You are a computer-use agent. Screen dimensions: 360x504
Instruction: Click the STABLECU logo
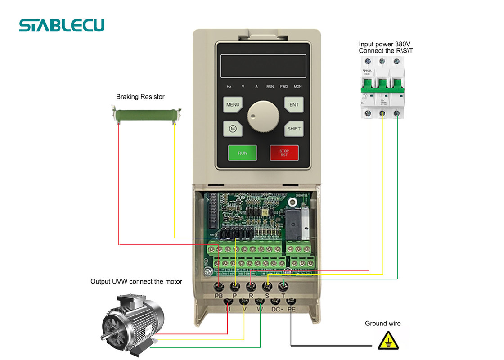(x=62, y=25)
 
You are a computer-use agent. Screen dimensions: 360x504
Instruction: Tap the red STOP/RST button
(x=284, y=153)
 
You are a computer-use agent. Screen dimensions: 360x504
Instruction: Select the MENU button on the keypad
(x=233, y=105)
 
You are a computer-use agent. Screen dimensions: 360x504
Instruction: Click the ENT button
(x=294, y=105)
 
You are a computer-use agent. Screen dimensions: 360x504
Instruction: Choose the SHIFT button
(x=294, y=129)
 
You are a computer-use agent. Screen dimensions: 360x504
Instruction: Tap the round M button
(x=233, y=129)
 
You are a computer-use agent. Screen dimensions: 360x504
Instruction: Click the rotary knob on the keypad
(x=263, y=116)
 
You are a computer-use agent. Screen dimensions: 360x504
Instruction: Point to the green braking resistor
(x=146, y=114)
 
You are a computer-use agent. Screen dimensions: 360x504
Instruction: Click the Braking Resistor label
(x=140, y=97)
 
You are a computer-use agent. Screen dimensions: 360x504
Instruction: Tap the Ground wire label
(x=382, y=324)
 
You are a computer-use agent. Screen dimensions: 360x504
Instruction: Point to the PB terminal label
(x=219, y=296)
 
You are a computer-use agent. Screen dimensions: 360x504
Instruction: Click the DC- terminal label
(x=276, y=309)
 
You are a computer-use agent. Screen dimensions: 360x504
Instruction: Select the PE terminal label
(x=292, y=309)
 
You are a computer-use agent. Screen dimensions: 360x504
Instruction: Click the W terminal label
(x=260, y=309)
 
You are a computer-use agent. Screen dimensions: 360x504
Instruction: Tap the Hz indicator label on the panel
(x=229, y=86)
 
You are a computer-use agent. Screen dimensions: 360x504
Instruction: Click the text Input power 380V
(x=384, y=44)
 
